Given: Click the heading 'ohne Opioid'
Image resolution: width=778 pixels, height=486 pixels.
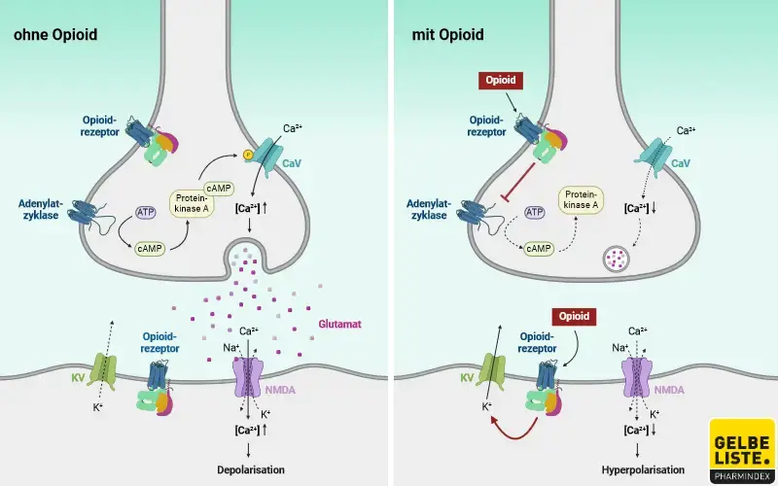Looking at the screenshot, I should click(54, 36).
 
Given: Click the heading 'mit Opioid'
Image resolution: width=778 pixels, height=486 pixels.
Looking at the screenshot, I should click(448, 36).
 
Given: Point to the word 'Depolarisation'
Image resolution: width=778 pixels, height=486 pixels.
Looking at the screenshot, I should click(251, 469).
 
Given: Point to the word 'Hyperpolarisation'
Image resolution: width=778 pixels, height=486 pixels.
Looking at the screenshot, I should click(639, 469).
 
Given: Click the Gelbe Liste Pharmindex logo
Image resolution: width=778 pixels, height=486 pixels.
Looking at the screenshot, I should click(742, 450).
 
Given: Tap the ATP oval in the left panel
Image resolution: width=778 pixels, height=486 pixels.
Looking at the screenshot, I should click(145, 211).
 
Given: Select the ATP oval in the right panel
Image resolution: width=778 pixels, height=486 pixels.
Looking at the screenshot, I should click(534, 211).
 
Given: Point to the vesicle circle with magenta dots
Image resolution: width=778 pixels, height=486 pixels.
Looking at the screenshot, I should click(617, 259).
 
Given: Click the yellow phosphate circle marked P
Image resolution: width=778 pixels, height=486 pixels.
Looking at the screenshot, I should click(248, 153).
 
